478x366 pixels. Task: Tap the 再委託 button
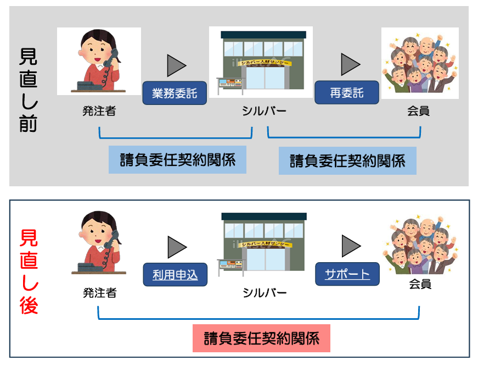coord(346,93)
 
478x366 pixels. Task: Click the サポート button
coord(347,274)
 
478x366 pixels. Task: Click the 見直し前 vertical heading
coord(29,90)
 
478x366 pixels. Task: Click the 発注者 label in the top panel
coord(99,112)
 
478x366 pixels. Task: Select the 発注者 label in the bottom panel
coord(99,293)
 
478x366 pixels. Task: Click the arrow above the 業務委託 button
coord(176,65)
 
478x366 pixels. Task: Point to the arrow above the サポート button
coord(350,246)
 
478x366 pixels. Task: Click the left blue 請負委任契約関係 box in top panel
coord(177,160)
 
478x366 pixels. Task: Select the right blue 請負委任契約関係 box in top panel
coord(347,160)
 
